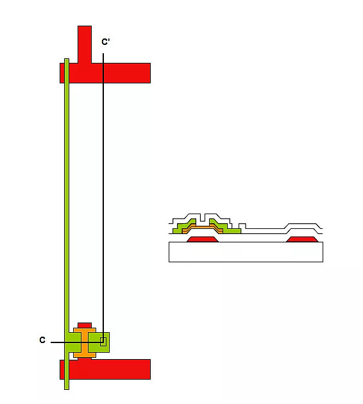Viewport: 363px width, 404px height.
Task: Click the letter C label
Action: [42, 340]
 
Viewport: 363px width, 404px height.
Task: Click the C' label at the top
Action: [106, 42]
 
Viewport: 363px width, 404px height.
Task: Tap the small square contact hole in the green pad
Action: [103, 342]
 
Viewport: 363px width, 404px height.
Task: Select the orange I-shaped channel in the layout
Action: [85, 342]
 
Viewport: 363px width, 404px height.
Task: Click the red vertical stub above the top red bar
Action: [85, 44]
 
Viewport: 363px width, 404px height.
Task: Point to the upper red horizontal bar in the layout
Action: [105, 73]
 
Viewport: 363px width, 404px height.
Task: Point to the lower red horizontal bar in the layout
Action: [105, 369]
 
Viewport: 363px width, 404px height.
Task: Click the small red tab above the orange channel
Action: [85, 325]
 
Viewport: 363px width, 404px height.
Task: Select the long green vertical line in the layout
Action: [67, 224]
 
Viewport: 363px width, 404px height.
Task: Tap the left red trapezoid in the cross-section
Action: [203, 239]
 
